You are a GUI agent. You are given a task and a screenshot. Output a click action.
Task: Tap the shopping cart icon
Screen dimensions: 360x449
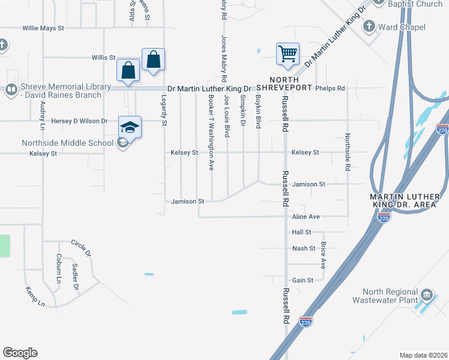point(288,54)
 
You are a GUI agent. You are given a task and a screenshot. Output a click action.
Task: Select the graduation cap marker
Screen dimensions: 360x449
point(130,127)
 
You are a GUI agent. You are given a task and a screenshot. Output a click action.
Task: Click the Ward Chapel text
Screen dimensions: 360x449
point(402,27)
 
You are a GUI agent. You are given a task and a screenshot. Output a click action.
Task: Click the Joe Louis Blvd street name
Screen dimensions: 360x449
point(228,115)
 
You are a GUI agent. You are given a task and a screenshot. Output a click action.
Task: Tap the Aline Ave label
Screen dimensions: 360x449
point(306,216)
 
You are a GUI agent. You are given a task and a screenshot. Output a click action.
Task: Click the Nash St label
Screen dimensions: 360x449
point(304,248)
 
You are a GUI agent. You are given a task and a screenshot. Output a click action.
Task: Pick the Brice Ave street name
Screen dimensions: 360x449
point(323,255)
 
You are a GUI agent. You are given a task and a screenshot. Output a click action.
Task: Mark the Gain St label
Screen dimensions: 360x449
point(303,280)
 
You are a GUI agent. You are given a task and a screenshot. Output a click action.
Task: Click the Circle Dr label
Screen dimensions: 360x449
point(81,248)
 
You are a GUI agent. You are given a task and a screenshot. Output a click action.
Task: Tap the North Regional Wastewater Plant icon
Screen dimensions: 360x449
point(426,295)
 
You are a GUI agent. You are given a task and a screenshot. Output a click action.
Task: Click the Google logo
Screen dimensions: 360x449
point(20,353)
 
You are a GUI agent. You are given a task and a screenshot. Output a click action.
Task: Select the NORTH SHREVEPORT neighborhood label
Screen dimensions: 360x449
point(291,83)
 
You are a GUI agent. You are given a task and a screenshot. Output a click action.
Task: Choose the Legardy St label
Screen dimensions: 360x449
point(164,110)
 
